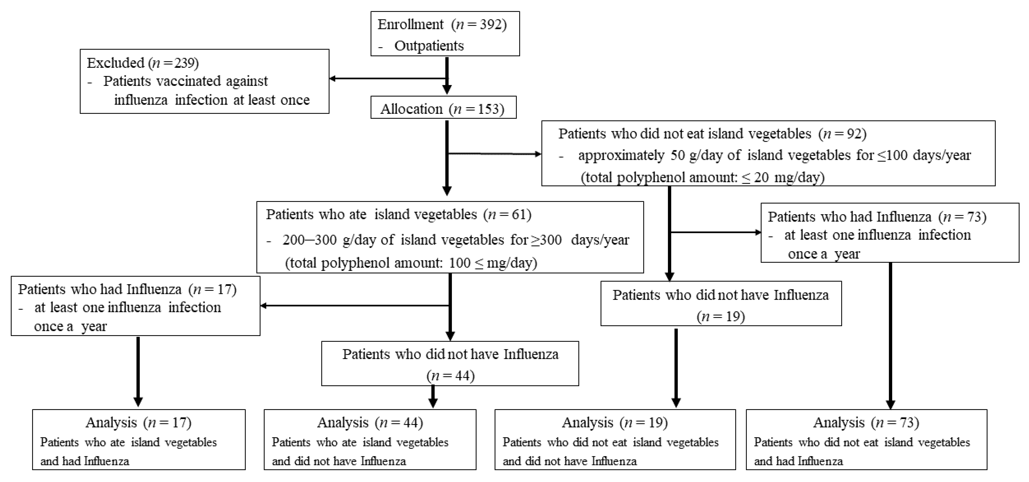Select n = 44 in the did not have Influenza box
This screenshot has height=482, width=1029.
coord(451,376)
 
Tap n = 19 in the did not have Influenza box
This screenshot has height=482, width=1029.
coord(721,317)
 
